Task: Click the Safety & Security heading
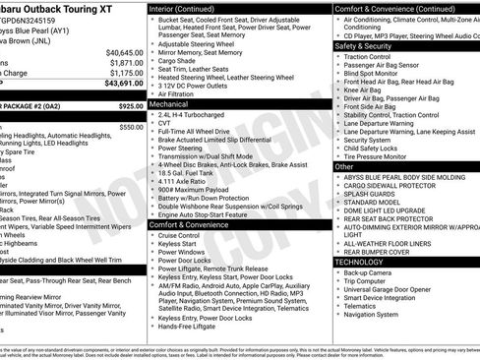pos(363,45)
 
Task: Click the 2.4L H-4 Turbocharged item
pos(195,114)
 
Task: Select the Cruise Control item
pos(179,236)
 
